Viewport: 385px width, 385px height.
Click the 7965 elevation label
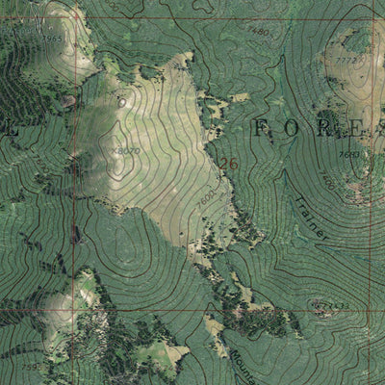coord(54,38)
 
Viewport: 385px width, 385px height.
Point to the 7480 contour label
coord(258,32)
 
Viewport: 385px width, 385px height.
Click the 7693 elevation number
coord(348,154)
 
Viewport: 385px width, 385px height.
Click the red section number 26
coord(228,165)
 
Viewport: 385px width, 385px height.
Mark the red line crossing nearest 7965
coord(73,18)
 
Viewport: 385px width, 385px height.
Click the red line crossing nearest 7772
coord(371,18)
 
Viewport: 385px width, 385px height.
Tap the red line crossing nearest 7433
coord(371,310)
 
